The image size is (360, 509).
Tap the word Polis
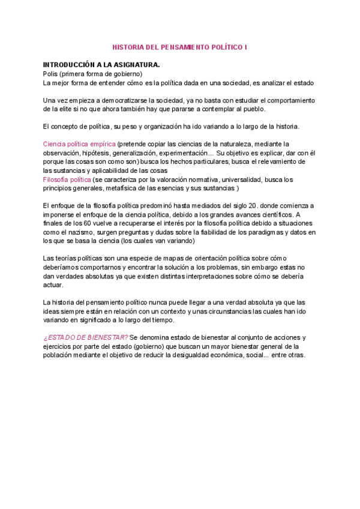pos(50,73)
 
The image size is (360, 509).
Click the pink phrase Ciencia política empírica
pos(80,144)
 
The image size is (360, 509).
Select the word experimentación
pos(187,153)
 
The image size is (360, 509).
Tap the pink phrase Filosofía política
pos(67,179)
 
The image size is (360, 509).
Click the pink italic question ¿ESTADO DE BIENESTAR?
pos(85,337)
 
